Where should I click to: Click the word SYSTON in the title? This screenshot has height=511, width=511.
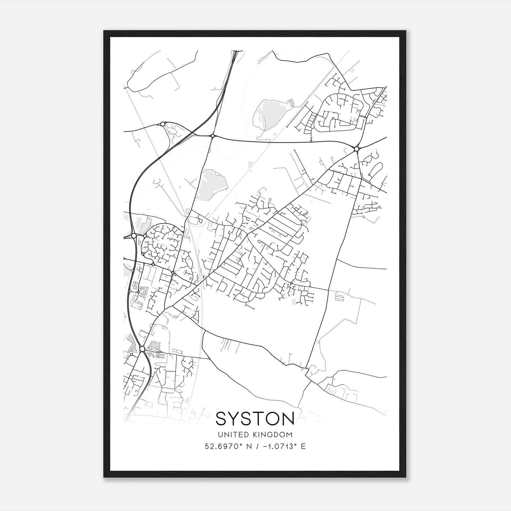(x=255, y=418)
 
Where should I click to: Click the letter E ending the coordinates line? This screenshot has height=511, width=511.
(x=303, y=446)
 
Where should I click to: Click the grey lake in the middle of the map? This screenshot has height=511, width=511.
(x=211, y=184)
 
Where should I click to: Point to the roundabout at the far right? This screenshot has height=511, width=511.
(x=356, y=149)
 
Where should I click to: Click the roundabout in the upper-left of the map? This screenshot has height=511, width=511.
(x=163, y=124)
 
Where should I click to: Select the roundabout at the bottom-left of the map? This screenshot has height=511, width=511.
(x=142, y=349)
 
